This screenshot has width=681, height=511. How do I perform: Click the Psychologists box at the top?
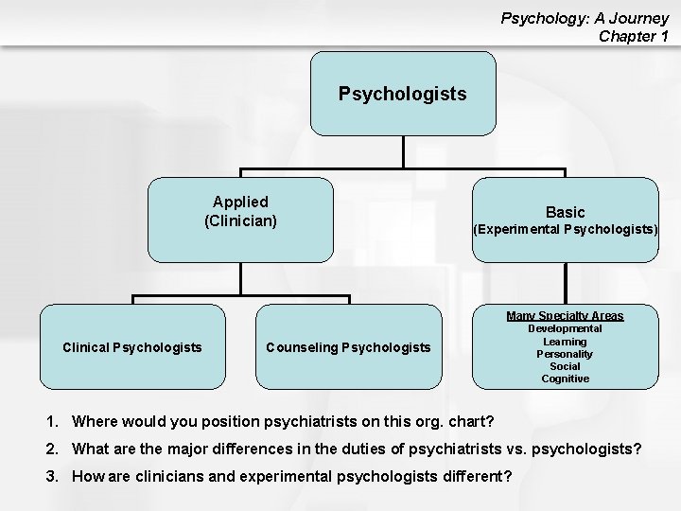pyautogui.click(x=403, y=95)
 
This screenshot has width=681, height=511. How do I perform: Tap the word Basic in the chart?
pyautogui.click(x=565, y=213)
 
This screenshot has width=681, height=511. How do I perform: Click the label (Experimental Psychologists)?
pyautogui.click(x=566, y=230)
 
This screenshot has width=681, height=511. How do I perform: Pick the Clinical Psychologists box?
pyautogui.click(x=132, y=347)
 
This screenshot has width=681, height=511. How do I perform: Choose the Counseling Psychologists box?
pyautogui.click(x=348, y=347)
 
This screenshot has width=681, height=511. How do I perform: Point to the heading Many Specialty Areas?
pyautogui.click(x=565, y=316)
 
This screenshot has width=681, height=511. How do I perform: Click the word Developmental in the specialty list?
pyautogui.click(x=565, y=328)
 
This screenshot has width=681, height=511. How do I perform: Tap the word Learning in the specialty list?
pyautogui.click(x=565, y=342)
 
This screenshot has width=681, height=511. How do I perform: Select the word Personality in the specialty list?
pyautogui.click(x=565, y=354)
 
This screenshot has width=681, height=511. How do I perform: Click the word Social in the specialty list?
pyautogui.click(x=565, y=366)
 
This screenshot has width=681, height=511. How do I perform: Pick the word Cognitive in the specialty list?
pyautogui.click(x=565, y=379)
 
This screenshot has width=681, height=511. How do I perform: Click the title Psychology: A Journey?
pyautogui.click(x=585, y=18)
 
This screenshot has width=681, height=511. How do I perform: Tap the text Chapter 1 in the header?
pyautogui.click(x=634, y=36)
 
